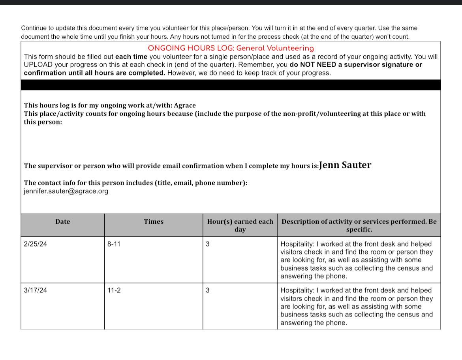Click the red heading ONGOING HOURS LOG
pyautogui.click(x=231, y=48)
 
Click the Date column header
pyautogui.click(x=62, y=222)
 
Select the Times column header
pyautogui.click(x=154, y=222)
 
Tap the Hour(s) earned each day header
pyautogui.click(x=240, y=225)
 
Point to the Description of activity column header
pyautogui.click(x=359, y=225)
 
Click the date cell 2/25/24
pyautogui.click(x=35, y=244)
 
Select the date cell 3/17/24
pyautogui.click(x=35, y=290)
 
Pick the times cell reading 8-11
pyautogui.click(x=114, y=244)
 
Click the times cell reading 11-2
pyautogui.click(x=114, y=290)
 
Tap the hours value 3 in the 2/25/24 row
pyautogui.click(x=208, y=244)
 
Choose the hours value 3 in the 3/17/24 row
pyautogui.click(x=208, y=290)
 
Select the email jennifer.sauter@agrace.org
pyautogui.click(x=66, y=191)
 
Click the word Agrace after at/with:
pyautogui.click(x=185, y=106)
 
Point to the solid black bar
pyautogui.click(x=231, y=85)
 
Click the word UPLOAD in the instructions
pyautogui.click(x=38, y=65)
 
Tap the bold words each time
pyautogui.click(x=131, y=57)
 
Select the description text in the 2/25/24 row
pyautogui.click(x=357, y=260)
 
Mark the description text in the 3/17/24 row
pyautogui.click(x=357, y=307)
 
